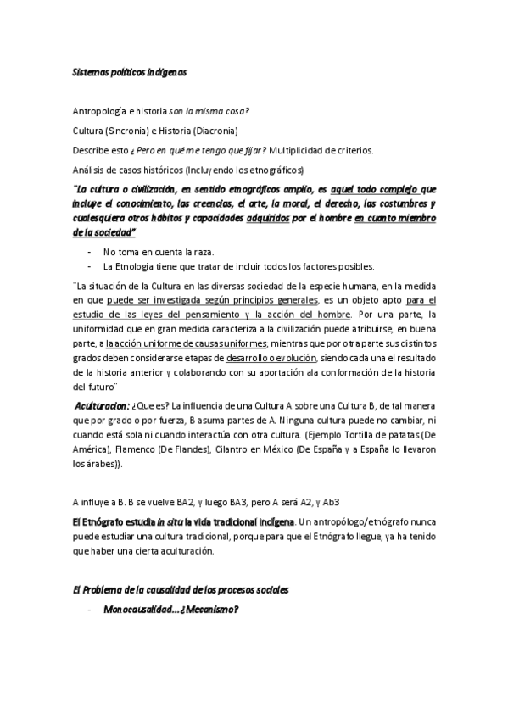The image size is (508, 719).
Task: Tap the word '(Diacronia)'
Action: (x=215, y=131)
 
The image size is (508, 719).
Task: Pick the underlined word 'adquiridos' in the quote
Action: (x=269, y=219)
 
